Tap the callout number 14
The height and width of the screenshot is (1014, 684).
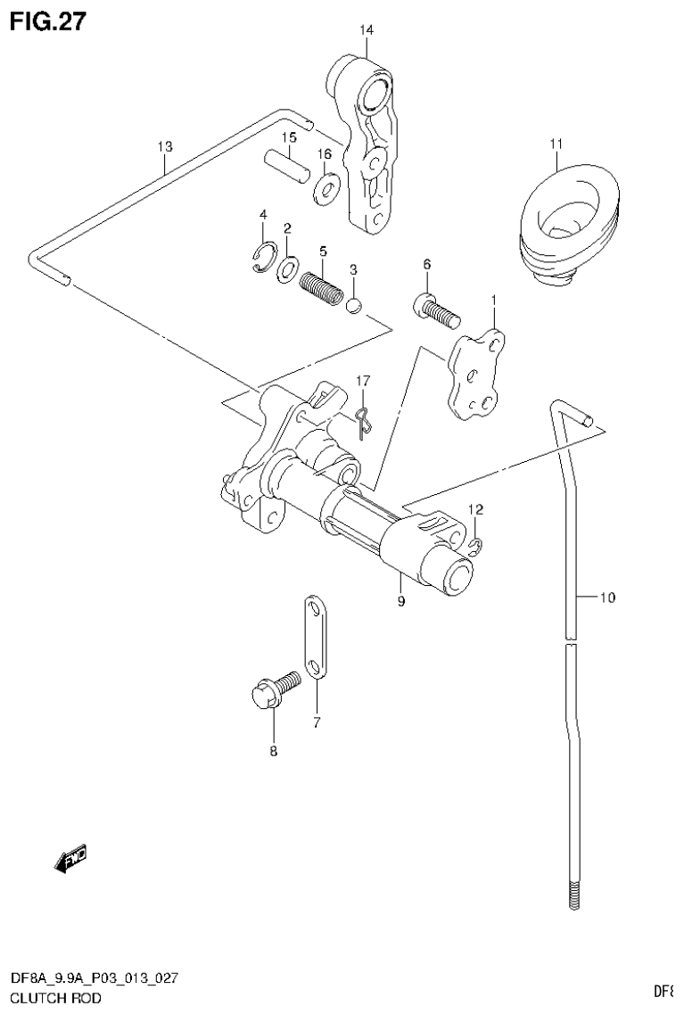pos(367,31)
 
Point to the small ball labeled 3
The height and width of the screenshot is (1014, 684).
pos(353,306)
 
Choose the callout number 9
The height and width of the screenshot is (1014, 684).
pos(401,602)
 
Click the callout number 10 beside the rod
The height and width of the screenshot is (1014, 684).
pos(606,598)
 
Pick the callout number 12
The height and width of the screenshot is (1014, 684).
pos(476,509)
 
